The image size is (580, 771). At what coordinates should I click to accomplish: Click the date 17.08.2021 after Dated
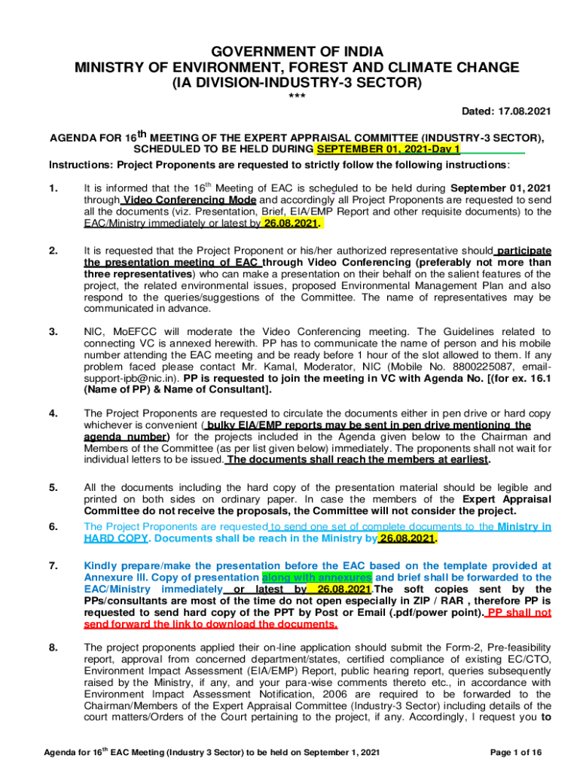pos(524,111)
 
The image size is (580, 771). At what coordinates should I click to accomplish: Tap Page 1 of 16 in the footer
pos(515,752)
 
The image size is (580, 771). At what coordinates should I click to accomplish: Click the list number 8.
pos(53,647)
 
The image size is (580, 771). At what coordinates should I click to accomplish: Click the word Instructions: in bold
pos(80,165)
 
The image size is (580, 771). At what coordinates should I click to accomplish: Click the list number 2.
pos(53,251)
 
